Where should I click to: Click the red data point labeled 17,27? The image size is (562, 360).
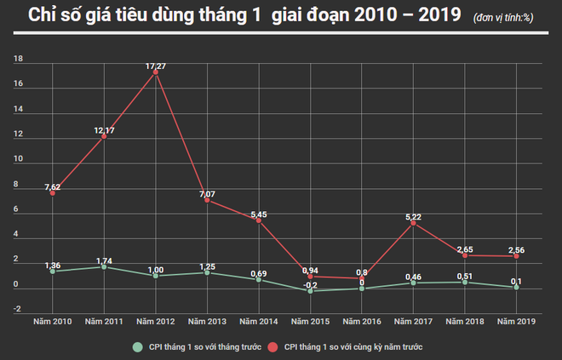point(155,72)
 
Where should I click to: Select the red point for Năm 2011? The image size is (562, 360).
point(104,136)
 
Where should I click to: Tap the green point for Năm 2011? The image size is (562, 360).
point(104,266)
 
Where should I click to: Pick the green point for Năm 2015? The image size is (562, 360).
point(310,291)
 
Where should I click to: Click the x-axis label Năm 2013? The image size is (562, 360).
point(207,321)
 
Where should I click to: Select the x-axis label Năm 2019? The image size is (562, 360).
point(516,321)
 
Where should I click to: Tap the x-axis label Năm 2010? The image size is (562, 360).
point(52,321)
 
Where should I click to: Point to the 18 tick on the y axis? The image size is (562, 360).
point(19,60)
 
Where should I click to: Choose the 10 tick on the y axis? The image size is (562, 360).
point(19,159)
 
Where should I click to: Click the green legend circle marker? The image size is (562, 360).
point(136,347)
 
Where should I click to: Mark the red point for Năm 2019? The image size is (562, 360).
point(516,256)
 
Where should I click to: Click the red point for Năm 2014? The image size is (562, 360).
point(259,220)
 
